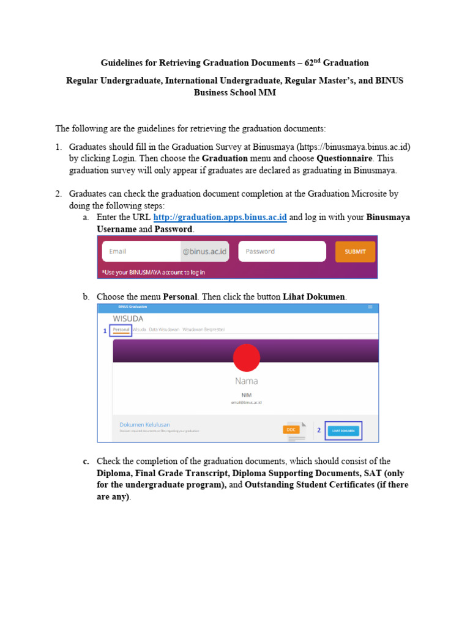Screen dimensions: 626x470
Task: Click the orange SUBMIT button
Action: pyautogui.click(x=355, y=251)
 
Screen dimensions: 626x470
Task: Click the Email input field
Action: pyautogui.click(x=141, y=251)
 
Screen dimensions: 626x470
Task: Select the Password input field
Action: pyautogui.click(x=282, y=251)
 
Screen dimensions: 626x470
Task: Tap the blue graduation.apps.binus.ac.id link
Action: pyautogui.click(x=220, y=218)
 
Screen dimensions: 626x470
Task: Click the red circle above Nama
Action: pyautogui.click(x=247, y=357)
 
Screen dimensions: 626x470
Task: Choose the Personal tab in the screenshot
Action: pyautogui.click(x=121, y=330)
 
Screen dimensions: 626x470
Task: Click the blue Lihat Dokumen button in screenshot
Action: pyautogui.click(x=343, y=430)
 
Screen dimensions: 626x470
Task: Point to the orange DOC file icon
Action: pyautogui.click(x=291, y=430)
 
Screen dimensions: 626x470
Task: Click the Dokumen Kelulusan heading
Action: pyautogui.click(x=144, y=424)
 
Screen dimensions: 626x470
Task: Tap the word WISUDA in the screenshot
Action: pyautogui.click(x=127, y=319)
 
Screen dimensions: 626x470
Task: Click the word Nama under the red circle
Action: pyautogui.click(x=247, y=381)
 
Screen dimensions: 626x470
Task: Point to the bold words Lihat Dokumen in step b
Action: pyautogui.click(x=314, y=296)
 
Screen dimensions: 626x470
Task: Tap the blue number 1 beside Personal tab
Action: pyautogui.click(x=105, y=331)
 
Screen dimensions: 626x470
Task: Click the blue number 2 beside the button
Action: pyautogui.click(x=319, y=430)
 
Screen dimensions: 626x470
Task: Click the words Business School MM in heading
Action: pyautogui.click(x=235, y=93)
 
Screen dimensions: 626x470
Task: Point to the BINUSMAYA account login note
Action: pyautogui.click(x=154, y=272)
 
